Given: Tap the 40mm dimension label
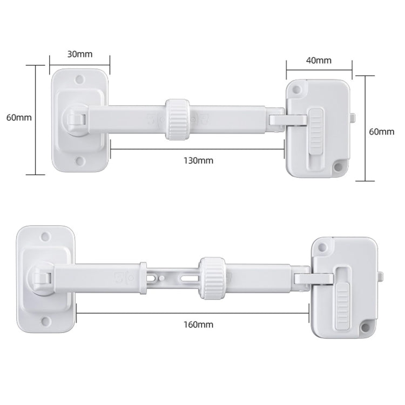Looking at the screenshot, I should pos(319,60).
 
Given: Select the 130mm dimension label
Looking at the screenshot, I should pos(198,160).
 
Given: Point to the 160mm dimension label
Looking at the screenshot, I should pos(199,325).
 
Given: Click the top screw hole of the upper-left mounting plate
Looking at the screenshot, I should pos(80,79).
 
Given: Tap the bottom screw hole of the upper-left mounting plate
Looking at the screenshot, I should pos(80,160).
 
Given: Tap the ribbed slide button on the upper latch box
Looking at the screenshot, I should pos(316,130).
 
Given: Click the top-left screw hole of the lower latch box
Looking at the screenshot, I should pos(323,248).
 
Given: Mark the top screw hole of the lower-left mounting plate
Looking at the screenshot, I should pos(46,236).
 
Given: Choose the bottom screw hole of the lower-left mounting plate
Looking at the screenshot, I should pos(46,321).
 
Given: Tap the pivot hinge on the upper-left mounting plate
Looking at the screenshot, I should pos(74,119).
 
